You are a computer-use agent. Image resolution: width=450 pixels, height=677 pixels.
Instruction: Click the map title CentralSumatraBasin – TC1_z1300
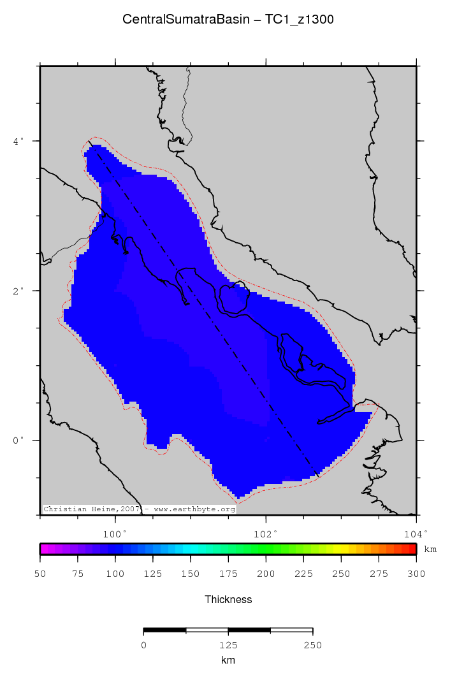(228, 20)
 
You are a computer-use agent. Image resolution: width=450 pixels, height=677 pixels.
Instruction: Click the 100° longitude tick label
(115, 533)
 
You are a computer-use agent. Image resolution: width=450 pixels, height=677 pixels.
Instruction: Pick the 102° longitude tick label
(266, 533)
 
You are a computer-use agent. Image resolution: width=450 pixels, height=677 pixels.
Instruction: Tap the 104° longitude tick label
(416, 533)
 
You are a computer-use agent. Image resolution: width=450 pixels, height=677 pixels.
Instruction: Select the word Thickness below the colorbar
(228, 599)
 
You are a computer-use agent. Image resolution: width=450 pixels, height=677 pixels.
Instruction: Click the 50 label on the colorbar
(40, 574)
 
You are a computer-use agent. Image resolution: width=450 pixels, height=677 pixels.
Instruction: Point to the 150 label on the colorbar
(191, 574)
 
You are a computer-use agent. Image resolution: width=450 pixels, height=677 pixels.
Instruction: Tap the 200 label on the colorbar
(266, 574)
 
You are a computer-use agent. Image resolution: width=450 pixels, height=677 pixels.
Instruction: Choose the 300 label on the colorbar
(416, 574)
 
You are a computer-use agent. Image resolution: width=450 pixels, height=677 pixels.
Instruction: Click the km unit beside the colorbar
(430, 549)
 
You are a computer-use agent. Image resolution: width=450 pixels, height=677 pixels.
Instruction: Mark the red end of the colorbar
(412, 548)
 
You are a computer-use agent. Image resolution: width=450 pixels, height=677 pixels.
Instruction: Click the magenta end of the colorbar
(43, 548)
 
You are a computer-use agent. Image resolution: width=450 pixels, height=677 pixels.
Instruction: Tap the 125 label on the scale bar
(228, 645)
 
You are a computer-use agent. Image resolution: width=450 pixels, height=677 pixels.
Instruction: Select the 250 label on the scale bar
(312, 645)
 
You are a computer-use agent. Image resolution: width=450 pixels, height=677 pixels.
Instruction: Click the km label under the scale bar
(228, 660)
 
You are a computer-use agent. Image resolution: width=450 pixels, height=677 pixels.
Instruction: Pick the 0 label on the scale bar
(143, 645)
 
